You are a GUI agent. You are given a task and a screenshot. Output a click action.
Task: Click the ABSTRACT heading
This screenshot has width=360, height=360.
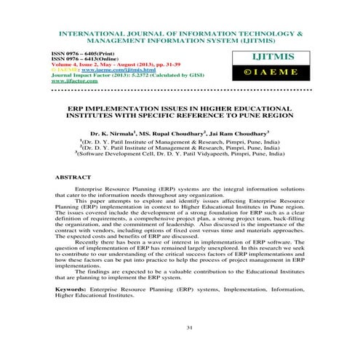[x=73, y=177]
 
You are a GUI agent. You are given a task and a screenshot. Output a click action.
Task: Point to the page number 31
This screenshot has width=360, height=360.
[x=189, y=328]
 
